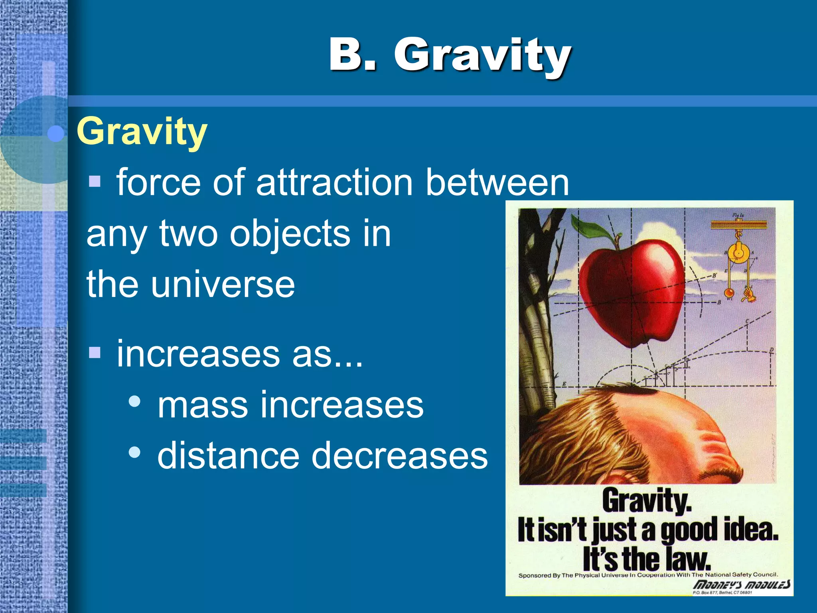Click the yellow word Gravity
point(142,132)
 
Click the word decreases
point(399,456)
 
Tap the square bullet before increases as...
point(95,352)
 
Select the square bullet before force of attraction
point(95,181)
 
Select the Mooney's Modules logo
point(741,585)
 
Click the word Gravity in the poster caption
point(646,501)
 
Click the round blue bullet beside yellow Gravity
point(55,134)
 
